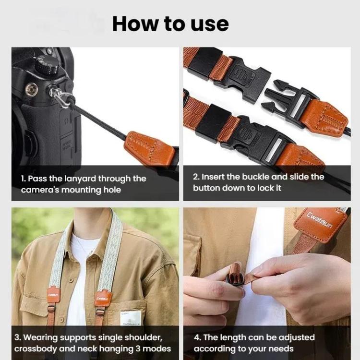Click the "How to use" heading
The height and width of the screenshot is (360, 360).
click(170, 24)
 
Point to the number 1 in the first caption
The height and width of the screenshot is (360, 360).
click(23, 179)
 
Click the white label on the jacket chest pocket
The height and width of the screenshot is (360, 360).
click(131, 317)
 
